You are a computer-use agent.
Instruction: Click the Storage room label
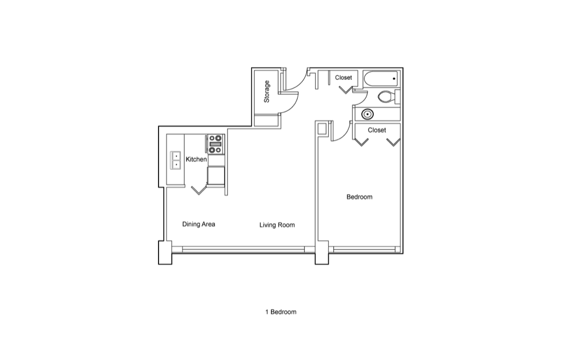point(266,92)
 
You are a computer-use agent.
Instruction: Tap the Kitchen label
point(196,159)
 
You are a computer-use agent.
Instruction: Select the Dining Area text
point(198,224)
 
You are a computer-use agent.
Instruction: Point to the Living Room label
point(277,225)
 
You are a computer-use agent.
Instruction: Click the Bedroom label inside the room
point(360,197)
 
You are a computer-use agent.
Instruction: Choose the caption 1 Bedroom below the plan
point(280,312)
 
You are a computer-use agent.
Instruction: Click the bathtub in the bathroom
point(382,79)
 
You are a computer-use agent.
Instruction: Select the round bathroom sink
point(368,114)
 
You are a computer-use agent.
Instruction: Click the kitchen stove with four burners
point(216,144)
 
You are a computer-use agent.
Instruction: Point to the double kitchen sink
point(175,160)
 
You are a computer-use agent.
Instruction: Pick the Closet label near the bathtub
point(343,78)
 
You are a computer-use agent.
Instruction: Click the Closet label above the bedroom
point(377,130)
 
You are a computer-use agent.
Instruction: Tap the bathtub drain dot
point(394,79)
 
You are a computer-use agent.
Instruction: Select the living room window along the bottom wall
point(238,249)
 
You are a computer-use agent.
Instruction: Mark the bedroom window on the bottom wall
point(364,249)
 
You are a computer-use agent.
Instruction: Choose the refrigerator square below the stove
point(216,176)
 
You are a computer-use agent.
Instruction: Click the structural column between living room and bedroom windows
point(322,253)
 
